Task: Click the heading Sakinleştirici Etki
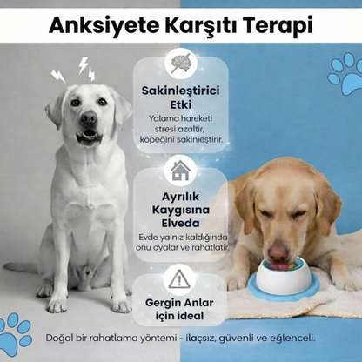(x=181, y=97)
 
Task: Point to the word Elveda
(x=181, y=222)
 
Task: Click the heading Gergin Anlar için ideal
(x=181, y=310)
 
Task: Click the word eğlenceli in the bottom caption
(x=291, y=337)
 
